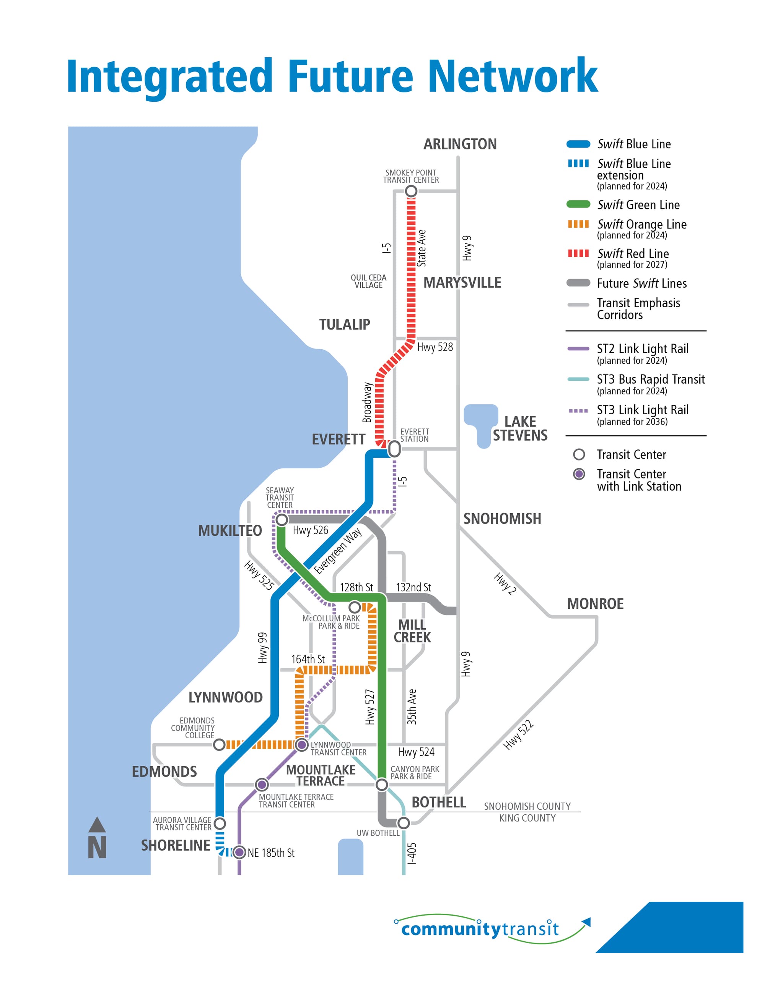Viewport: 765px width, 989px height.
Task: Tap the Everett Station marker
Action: (x=394, y=448)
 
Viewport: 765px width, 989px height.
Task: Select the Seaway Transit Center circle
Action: (x=282, y=519)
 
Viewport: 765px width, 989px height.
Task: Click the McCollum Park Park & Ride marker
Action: (x=355, y=607)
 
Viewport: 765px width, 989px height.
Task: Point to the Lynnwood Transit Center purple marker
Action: (x=302, y=744)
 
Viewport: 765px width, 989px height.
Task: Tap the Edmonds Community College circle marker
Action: (x=219, y=744)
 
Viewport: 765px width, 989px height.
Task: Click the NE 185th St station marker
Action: (x=239, y=852)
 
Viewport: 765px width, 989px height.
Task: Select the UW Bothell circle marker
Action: (x=404, y=822)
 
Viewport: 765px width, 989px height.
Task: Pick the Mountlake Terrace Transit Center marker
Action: (x=262, y=784)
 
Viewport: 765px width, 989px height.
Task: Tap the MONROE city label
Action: (x=595, y=604)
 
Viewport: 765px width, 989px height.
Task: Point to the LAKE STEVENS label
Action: (x=520, y=428)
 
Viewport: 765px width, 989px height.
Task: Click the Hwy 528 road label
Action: (x=435, y=347)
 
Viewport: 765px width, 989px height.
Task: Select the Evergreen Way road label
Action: (x=338, y=550)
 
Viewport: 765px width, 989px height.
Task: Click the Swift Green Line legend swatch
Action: (x=578, y=204)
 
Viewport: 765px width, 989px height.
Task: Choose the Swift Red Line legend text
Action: (x=633, y=254)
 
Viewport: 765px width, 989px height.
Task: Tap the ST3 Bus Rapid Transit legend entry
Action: (x=650, y=379)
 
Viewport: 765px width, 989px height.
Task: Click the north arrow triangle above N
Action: (x=97, y=825)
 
